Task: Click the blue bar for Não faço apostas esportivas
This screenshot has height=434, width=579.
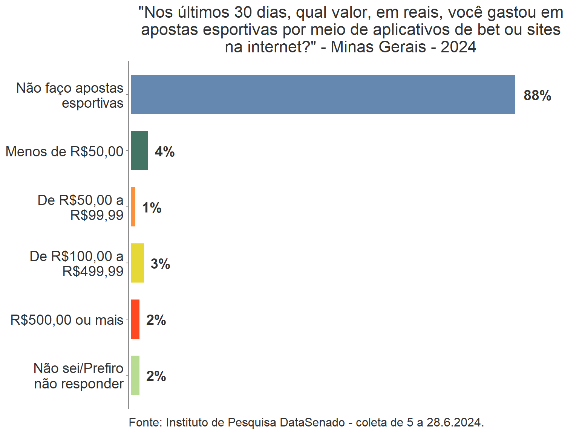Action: click(323, 95)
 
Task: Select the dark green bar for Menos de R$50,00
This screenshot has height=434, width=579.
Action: click(139, 151)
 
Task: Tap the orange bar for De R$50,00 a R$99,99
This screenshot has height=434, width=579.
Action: click(133, 207)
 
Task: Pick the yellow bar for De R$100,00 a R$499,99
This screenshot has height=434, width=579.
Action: click(137, 263)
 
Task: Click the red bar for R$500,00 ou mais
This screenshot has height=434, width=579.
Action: click(135, 319)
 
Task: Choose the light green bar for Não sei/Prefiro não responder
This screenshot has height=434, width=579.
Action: click(135, 375)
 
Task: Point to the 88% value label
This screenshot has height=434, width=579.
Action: click(537, 96)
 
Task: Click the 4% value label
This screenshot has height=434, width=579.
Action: click(165, 152)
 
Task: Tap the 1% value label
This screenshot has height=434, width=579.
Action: click(152, 208)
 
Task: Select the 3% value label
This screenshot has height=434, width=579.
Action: click(160, 264)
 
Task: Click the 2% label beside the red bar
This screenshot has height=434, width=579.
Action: click(156, 320)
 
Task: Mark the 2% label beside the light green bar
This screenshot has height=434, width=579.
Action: click(156, 376)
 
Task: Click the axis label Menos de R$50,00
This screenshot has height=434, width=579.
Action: click(64, 151)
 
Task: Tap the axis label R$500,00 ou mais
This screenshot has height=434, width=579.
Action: click(67, 320)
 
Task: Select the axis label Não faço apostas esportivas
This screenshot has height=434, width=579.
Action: click(70, 95)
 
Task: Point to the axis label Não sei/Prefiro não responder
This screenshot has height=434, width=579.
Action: click(79, 376)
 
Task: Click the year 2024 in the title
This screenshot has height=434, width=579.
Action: click(458, 47)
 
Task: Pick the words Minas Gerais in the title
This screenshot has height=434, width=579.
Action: click(378, 47)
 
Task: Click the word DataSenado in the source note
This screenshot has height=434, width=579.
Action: click(312, 422)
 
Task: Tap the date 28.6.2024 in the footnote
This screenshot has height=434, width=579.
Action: click(455, 422)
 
